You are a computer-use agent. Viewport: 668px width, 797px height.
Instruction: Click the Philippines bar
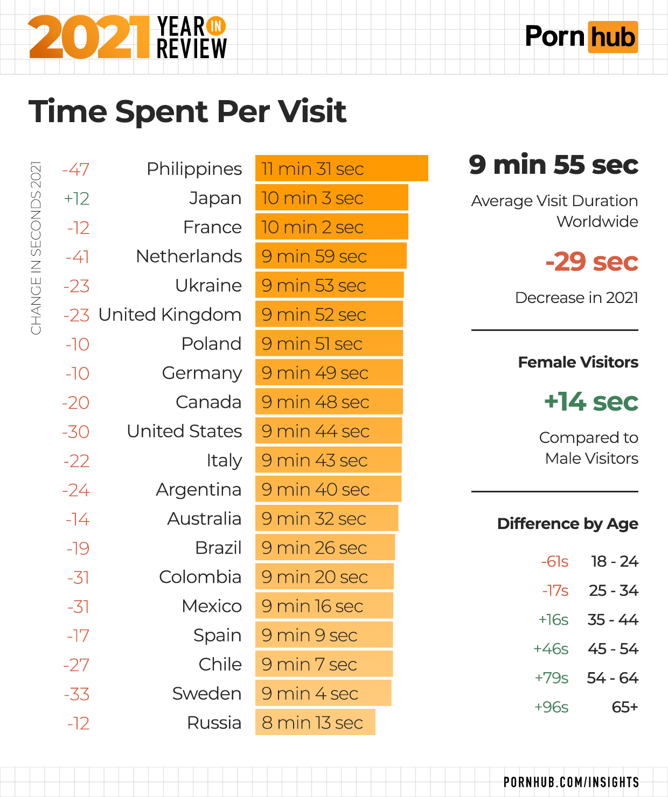(x=342, y=168)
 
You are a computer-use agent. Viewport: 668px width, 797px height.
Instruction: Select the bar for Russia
(x=315, y=722)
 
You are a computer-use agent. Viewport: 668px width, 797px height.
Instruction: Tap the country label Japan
(x=215, y=198)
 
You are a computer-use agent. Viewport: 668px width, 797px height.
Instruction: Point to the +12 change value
(x=76, y=199)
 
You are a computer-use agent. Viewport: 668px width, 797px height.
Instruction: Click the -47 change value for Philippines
(x=75, y=170)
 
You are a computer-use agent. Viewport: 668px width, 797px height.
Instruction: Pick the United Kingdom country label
(x=170, y=314)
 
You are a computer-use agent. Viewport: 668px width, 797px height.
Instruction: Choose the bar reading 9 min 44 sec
(x=329, y=431)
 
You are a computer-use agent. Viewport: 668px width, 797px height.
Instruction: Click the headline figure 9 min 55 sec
(x=553, y=165)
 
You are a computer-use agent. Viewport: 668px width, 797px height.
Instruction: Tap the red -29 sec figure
(x=592, y=262)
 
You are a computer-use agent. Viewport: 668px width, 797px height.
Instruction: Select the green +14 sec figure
(x=591, y=402)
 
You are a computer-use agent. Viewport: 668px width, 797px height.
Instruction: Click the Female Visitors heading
(x=578, y=362)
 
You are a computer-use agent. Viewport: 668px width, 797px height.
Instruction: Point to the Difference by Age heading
(x=567, y=524)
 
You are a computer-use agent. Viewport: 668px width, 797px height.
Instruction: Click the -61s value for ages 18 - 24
(x=554, y=562)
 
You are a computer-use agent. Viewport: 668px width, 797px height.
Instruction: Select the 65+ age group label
(x=625, y=707)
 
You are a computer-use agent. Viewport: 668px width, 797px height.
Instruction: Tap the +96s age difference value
(x=551, y=707)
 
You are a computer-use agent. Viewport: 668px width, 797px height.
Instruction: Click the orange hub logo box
(x=613, y=37)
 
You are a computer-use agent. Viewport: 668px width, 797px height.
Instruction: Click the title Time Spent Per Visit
(x=187, y=111)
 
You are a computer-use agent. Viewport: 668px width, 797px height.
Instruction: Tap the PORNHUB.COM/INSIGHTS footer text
(x=571, y=782)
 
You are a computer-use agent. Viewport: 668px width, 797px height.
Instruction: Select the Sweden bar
(x=323, y=693)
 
